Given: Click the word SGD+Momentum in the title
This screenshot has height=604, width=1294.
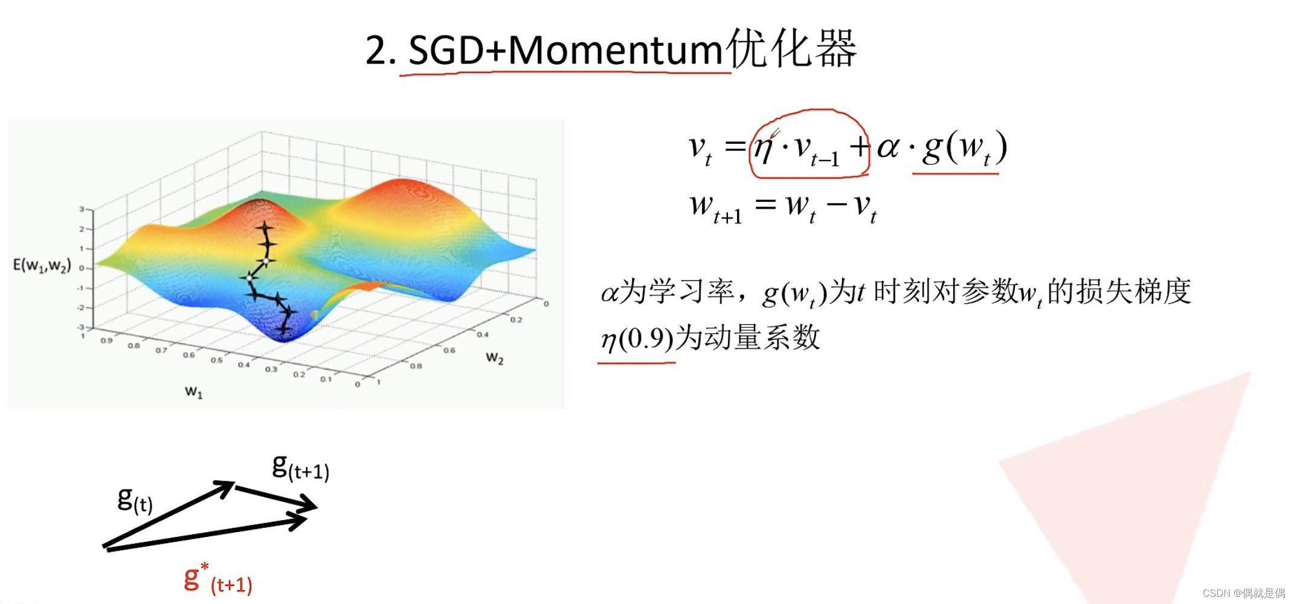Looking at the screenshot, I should click(565, 50).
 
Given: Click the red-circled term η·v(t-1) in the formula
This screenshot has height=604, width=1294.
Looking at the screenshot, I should click(808, 147).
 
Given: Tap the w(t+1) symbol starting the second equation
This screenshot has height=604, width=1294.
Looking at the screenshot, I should click(715, 208).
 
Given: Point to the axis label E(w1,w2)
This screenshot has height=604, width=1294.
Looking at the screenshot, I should click(42, 265).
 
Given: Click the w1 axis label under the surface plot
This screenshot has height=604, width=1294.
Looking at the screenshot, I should click(193, 392).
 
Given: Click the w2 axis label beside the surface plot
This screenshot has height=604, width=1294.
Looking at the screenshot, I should click(494, 358).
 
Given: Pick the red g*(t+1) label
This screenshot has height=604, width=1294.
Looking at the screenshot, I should click(217, 579).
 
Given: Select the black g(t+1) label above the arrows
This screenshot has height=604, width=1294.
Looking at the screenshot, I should click(300, 467).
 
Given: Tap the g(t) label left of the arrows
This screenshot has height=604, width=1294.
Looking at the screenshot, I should click(135, 500).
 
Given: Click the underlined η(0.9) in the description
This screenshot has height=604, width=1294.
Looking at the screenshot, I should click(637, 339).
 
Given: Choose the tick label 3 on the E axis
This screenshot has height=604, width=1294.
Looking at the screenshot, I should click(82, 210).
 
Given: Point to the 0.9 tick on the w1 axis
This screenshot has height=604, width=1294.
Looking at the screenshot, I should click(106, 341).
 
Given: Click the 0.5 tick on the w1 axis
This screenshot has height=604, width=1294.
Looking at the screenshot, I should click(216, 360).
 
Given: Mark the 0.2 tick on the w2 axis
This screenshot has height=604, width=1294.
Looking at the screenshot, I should click(516, 320).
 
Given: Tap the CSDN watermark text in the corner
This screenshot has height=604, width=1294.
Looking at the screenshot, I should click(1243, 593).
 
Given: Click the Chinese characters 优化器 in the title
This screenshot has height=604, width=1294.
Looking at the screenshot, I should click(791, 48).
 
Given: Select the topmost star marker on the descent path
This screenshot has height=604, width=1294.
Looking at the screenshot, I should click(264, 228).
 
